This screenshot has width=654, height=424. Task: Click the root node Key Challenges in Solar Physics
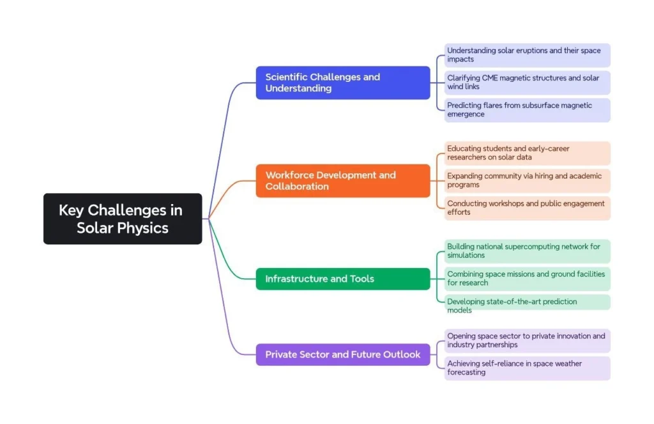click(122, 219)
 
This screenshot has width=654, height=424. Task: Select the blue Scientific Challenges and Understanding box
click(342, 82)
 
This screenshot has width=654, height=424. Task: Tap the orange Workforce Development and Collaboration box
click(342, 180)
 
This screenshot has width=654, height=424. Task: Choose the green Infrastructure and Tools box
click(342, 279)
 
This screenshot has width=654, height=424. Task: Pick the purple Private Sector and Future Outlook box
click(342, 354)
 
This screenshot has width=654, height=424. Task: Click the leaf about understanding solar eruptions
click(527, 55)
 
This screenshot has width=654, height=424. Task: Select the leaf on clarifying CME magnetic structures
click(527, 82)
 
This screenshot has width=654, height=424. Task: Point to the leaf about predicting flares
click(527, 110)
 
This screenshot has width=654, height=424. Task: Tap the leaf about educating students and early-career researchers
click(527, 153)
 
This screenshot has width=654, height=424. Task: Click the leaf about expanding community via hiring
click(527, 180)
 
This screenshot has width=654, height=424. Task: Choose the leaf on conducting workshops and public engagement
click(527, 208)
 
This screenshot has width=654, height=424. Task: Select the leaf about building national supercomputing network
click(527, 251)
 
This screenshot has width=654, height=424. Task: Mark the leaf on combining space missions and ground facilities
click(527, 279)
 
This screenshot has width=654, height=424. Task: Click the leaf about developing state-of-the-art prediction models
click(527, 306)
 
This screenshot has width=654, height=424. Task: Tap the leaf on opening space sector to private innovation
click(527, 340)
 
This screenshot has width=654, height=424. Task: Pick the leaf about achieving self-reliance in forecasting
click(527, 368)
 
